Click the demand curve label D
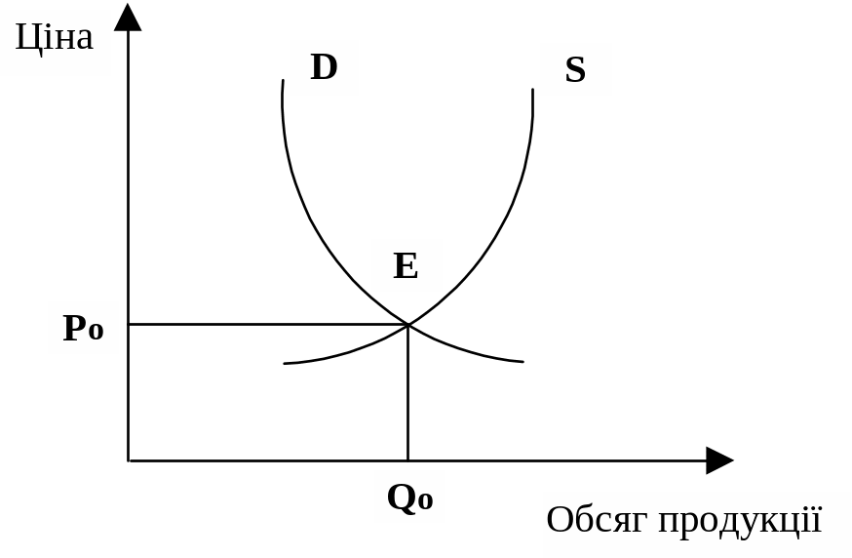click(324, 67)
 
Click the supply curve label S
click(575, 70)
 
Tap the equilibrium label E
click(406, 265)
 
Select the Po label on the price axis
click(83, 328)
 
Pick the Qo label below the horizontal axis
click(409, 498)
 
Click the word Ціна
click(55, 38)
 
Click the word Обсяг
click(598, 520)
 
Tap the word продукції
click(740, 521)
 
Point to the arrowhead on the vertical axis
click(128, 17)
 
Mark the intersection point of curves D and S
click(407, 324)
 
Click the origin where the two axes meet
click(129, 460)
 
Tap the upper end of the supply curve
click(532, 91)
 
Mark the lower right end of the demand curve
click(523, 362)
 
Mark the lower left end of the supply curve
click(285, 364)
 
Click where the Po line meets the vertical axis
click(129, 324)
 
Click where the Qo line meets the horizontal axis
click(407, 460)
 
